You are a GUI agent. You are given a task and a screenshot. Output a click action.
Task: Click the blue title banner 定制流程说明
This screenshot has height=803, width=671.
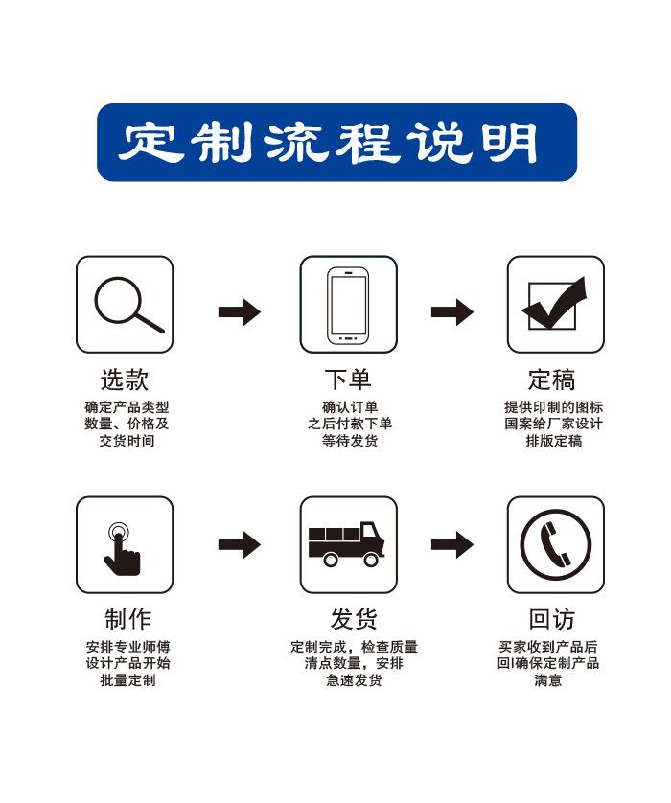[x=336, y=143]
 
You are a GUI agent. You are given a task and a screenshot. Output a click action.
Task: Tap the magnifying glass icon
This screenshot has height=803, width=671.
[x=125, y=304]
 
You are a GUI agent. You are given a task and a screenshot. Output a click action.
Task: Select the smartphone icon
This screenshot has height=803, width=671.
[x=348, y=305]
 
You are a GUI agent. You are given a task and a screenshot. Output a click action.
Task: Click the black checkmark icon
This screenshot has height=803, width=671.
[x=555, y=304]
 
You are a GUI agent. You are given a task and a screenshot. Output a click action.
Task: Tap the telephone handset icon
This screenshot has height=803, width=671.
[x=555, y=544]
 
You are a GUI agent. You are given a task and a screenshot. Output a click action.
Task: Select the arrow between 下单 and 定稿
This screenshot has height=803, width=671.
[x=451, y=311]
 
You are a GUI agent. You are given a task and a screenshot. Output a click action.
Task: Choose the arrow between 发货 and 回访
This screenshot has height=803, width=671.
[x=451, y=544]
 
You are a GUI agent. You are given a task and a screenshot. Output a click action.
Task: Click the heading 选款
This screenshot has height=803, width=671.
[x=125, y=379]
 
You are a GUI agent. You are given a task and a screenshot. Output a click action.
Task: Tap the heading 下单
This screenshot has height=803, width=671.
[x=347, y=379]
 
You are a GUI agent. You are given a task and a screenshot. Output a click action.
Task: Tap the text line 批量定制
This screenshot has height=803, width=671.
[x=127, y=680]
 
